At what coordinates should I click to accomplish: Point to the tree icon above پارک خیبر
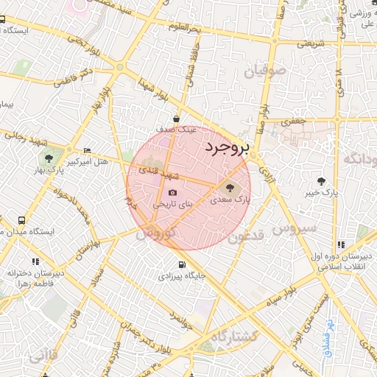point(321,181)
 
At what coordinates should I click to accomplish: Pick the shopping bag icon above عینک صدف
point(177,118)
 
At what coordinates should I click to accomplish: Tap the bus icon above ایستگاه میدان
point(21,220)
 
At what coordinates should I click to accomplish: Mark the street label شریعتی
point(309,43)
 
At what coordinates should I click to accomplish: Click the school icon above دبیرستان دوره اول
point(340,244)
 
